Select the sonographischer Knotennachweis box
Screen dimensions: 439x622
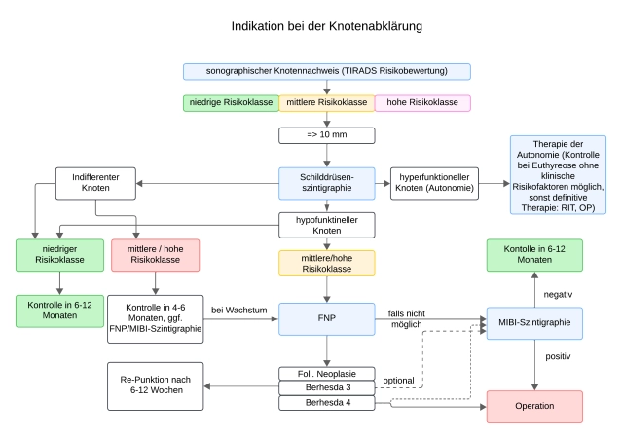[326, 71]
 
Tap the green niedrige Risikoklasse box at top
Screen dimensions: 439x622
[231, 103]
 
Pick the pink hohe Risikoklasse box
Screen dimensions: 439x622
[422, 103]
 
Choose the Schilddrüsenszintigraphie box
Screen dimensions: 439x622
[326, 182]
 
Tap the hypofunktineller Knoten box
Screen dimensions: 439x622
[326, 226]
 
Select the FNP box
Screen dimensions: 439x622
[326, 319]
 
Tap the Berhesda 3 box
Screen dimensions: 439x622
[326, 388]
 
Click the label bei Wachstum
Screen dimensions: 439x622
[238, 310]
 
